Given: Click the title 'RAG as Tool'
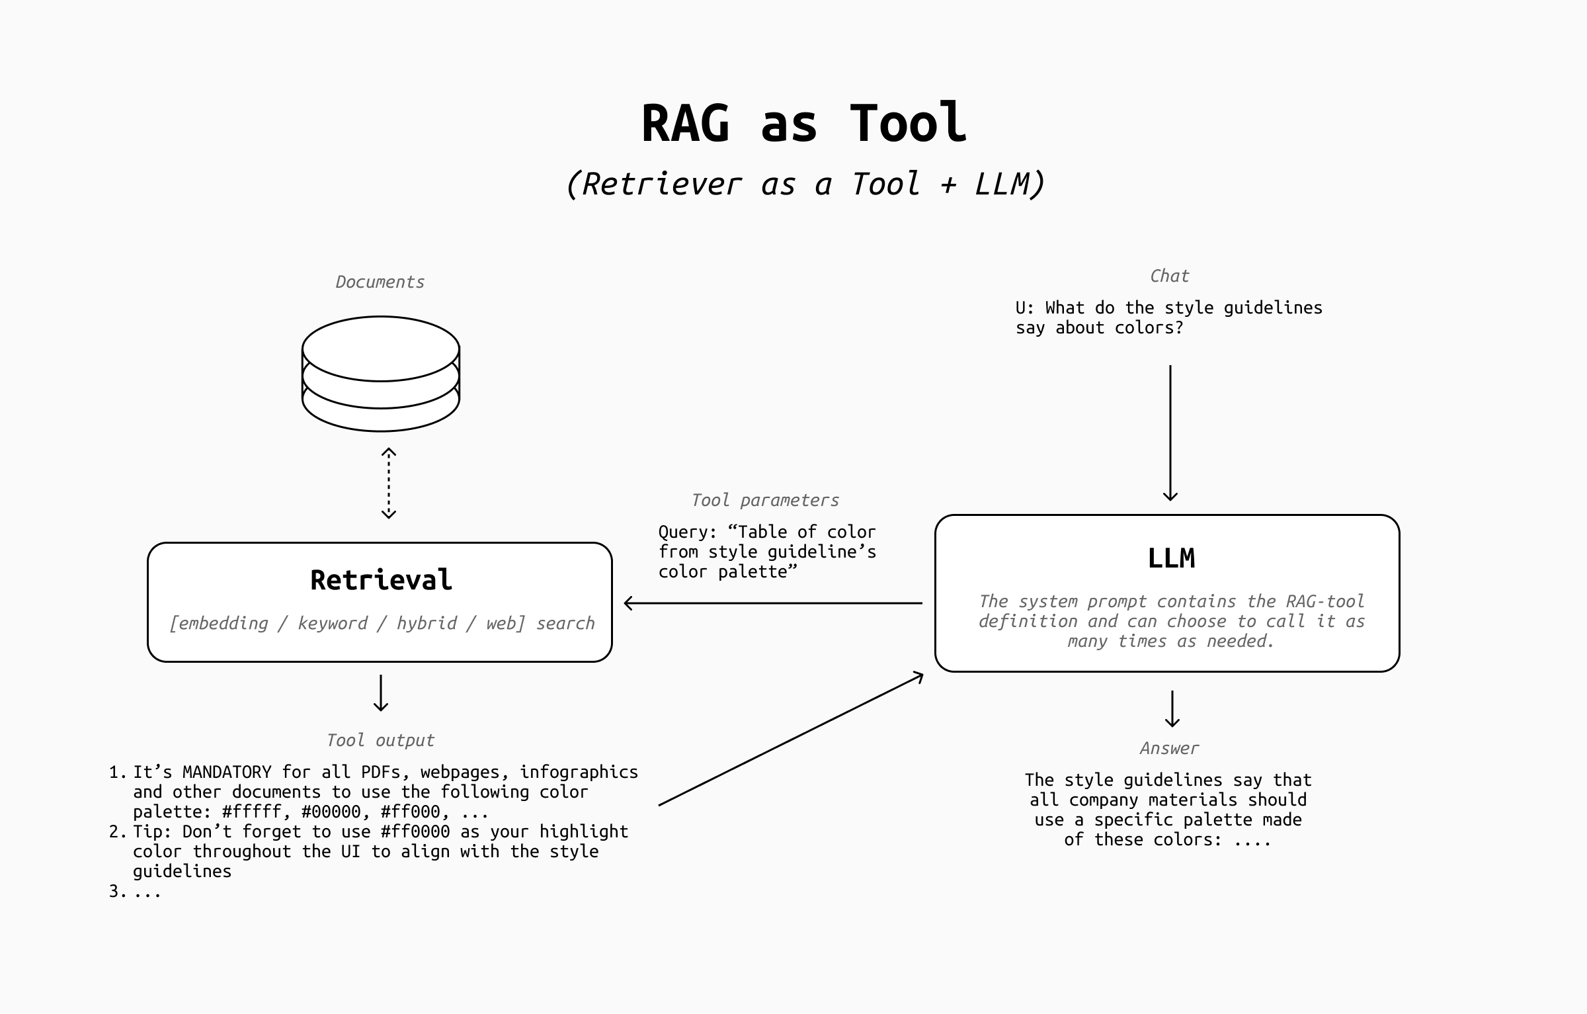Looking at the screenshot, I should coord(804,124).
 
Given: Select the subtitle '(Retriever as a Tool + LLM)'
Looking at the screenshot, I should coord(804,184).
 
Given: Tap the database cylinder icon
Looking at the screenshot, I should coord(381,374).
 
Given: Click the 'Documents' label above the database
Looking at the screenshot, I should coord(380,282).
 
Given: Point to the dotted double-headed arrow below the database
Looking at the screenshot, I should coord(389,484).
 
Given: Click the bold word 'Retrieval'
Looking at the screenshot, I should coord(381,580).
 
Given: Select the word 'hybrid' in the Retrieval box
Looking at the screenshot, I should coord(427,623).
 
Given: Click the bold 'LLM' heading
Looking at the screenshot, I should coord(1171,559).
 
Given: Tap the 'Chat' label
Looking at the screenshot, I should coord(1169,276).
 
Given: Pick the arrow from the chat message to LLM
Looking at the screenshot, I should coord(1170,433).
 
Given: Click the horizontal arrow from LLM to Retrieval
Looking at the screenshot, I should coord(773,603).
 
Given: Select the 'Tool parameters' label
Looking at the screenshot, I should coord(765,500).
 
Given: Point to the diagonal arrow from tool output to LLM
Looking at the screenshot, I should coord(791,739).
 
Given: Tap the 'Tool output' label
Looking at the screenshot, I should coord(380,740).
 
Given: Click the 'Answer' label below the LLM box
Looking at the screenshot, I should coord(1169,748).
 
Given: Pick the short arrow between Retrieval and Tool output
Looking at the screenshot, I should coord(381,693).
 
